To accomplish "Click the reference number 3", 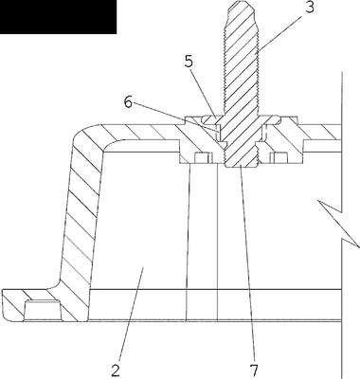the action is click(x=310, y=8).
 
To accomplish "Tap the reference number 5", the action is click(x=189, y=62).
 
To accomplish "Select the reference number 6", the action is click(x=128, y=101).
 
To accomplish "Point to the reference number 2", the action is click(x=116, y=370).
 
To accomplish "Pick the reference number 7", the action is click(x=254, y=370).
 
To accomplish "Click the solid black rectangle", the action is click(x=58, y=17).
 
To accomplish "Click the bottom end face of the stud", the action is click(x=242, y=166).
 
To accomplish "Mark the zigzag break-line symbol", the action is click(x=338, y=223).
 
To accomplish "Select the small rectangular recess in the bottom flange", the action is click(x=42, y=310).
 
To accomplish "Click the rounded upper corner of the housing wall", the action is click(x=85, y=135).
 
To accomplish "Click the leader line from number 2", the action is click(x=131, y=316).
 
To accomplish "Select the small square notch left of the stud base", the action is click(x=203, y=157).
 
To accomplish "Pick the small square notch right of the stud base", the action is click(x=278, y=157).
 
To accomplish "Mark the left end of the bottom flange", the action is click(x=3, y=305).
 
